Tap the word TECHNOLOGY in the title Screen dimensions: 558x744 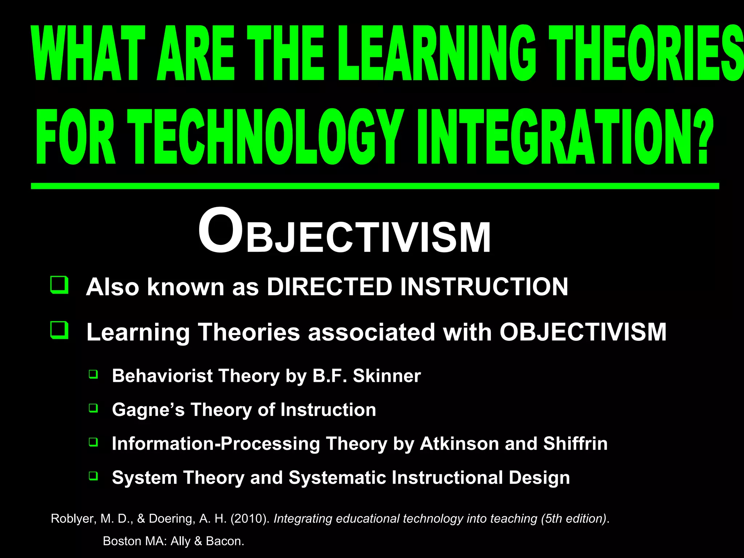pyautogui.click(x=262, y=137)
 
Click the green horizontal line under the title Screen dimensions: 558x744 pyautogui.click(x=374, y=186)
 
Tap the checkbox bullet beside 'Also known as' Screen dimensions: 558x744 pyautogui.click(x=59, y=285)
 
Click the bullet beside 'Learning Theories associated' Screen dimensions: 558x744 pyautogui.click(x=59, y=330)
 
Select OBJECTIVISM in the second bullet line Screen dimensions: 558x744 pyautogui.click(x=583, y=332)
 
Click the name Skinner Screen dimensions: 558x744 pyautogui.click(x=387, y=376)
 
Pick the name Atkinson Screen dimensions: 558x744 pyautogui.click(x=459, y=444)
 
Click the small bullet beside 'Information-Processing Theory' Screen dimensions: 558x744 pyautogui.click(x=93, y=442)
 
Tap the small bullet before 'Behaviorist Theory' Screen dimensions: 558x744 pyautogui.click(x=93, y=374)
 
